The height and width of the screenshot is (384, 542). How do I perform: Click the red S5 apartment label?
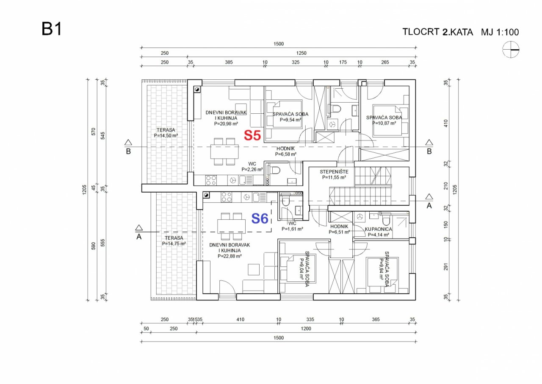click(252, 135)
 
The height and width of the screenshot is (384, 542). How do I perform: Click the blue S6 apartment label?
click(260, 219)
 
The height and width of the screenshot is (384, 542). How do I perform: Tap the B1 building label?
click(52, 29)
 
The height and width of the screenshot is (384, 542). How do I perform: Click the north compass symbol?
click(511, 50)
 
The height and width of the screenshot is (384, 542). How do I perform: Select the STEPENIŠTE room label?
click(334, 172)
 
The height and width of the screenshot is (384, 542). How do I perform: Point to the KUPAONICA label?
click(378, 229)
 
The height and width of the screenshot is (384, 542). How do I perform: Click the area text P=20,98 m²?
click(226, 123)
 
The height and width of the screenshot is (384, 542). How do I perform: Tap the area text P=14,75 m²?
click(174, 244)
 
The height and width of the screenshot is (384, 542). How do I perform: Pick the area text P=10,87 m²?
click(384, 123)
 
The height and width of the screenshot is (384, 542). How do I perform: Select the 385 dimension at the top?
click(229, 62)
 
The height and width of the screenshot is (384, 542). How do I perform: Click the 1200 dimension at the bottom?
click(306, 328)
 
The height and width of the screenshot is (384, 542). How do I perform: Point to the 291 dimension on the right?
click(446, 266)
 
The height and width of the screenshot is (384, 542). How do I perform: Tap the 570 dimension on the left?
click(94, 132)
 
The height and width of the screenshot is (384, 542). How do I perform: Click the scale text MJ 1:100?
click(500, 32)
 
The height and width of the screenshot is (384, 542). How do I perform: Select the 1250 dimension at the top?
click(301, 53)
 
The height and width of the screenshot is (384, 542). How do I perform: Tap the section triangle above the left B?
click(128, 142)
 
